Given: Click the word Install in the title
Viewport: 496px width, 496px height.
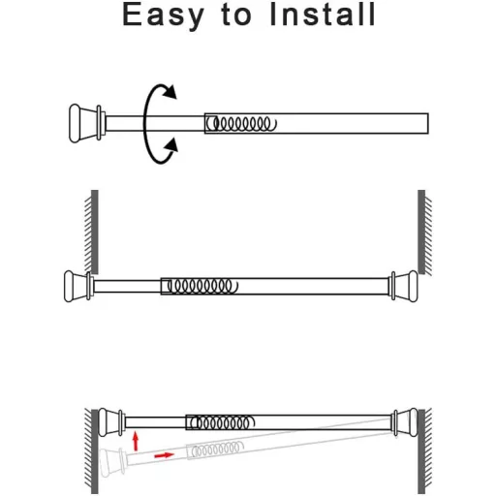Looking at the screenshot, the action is (323, 15).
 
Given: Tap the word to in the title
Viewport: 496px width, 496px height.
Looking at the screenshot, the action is (236, 15).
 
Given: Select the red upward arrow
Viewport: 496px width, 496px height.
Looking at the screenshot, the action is (136, 442).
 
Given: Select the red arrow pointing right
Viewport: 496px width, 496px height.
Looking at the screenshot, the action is (165, 455).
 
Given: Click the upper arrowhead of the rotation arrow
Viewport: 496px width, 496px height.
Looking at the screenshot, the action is (170, 92).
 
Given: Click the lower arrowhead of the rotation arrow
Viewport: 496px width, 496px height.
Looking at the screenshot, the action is (170, 145).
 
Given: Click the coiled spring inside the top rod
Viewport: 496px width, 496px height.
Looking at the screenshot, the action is (242, 124).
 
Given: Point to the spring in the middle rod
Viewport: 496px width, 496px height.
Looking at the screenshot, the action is (202, 286).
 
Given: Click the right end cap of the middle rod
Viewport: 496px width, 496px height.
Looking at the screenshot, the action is (404, 287).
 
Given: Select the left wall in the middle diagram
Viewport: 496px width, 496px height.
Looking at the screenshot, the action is (91, 232).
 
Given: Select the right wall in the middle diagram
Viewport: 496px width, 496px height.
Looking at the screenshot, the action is (424, 232).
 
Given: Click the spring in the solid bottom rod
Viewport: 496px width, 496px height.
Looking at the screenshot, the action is (222, 422).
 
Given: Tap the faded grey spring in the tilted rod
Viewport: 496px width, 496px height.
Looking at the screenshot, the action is (216, 449).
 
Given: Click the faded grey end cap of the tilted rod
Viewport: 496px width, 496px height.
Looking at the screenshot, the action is (112, 463).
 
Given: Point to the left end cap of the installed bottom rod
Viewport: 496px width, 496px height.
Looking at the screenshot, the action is (110, 422).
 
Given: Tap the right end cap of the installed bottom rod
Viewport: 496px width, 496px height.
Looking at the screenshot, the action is (405, 422).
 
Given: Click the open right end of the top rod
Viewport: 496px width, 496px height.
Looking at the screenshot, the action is (428, 123).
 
